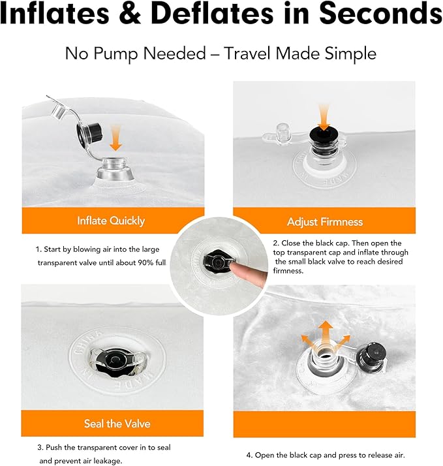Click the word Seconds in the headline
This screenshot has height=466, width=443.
(380, 13)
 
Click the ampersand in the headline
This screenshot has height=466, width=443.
(131, 13)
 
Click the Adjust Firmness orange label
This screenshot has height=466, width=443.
(324, 222)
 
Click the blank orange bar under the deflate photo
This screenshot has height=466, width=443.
(324, 424)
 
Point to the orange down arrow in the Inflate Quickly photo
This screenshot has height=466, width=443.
(115, 138)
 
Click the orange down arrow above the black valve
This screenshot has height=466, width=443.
(324, 117)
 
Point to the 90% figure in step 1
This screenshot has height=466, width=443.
(146, 263)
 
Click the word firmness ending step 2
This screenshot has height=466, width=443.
(288, 271)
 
